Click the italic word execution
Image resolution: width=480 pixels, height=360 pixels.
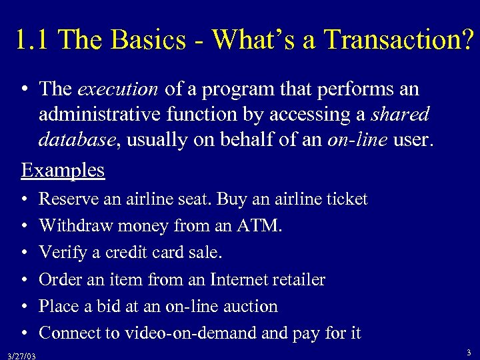tap(118, 89)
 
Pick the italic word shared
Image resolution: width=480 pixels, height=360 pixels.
tap(400, 115)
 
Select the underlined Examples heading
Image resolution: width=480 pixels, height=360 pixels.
tap(63, 170)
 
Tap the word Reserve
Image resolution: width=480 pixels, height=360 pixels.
tap(65, 199)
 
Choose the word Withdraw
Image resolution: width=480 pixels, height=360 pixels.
tap(77, 226)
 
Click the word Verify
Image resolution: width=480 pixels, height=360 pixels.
tap(60, 253)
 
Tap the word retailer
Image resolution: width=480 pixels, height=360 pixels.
tap(300, 279)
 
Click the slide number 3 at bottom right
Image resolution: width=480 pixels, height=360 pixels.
tap(469, 352)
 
